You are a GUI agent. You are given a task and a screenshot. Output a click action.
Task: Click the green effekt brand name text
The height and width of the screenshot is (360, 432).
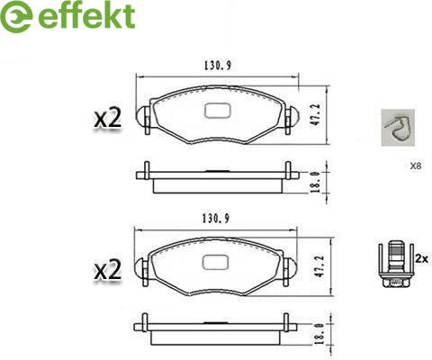(86, 15)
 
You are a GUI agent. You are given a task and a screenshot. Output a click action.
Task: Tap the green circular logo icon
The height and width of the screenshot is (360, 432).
(15, 16)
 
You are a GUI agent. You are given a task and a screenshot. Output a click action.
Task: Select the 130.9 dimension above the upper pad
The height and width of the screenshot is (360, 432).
(218, 66)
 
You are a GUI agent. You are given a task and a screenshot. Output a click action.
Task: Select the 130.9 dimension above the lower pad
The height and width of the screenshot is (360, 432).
(216, 219)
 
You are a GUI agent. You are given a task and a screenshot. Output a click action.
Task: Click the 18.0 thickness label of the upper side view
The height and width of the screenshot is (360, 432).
(315, 182)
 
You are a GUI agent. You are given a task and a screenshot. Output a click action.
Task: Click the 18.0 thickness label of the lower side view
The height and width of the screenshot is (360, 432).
(319, 334)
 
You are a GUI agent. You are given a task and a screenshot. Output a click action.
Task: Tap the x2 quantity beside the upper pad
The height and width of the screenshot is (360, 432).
(108, 118)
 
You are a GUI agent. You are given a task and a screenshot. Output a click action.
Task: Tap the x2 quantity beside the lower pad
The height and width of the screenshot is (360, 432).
(108, 270)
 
